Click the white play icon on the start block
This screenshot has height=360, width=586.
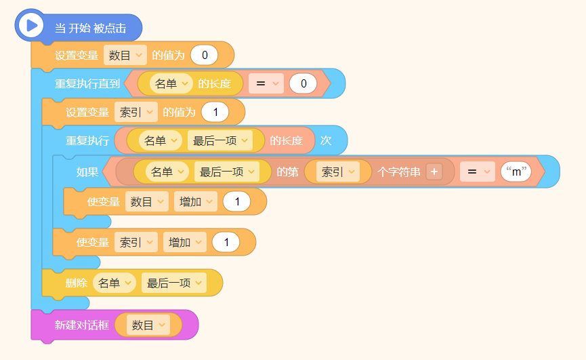pyautogui.click(x=30, y=26)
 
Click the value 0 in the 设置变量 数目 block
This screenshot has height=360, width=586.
pyautogui.click(x=204, y=55)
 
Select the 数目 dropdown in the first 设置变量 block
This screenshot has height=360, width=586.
pyautogui.click(x=125, y=55)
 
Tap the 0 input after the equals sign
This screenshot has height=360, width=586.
pyautogui.click(x=304, y=83)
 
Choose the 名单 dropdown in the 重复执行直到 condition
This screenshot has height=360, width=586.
pyautogui.click(x=171, y=83)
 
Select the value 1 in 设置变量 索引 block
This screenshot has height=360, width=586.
pyautogui.click(x=215, y=112)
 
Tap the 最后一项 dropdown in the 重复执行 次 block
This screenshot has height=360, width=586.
pyautogui.click(x=220, y=140)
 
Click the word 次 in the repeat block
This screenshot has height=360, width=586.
pyautogui.click(x=326, y=140)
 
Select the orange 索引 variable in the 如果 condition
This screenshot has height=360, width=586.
pyautogui.click(x=337, y=172)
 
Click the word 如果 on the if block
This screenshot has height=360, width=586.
pyautogui.click(x=87, y=172)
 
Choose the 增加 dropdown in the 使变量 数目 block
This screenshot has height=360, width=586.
pyautogui.click(x=196, y=201)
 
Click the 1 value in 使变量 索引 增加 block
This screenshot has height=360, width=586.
pyautogui.click(x=226, y=242)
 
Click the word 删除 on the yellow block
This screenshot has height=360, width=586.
pyautogui.click(x=77, y=283)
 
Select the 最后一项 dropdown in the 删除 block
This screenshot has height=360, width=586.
pyautogui.click(x=174, y=283)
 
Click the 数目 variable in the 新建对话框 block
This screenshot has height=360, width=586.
pyautogui.click(x=148, y=325)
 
